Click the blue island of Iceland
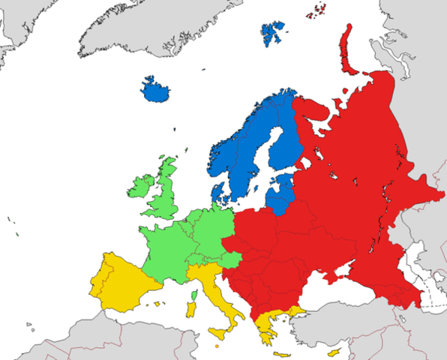click(157, 91)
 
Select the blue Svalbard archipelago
click(273, 31)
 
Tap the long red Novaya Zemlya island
click(347, 49)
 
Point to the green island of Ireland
click(141, 187)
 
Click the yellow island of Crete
click(282, 353)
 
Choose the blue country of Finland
click(285, 142)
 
